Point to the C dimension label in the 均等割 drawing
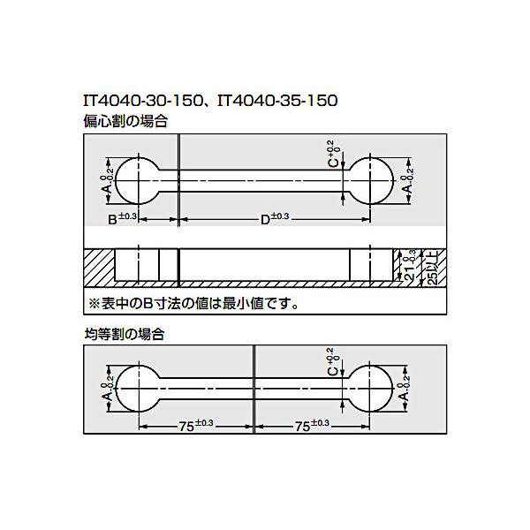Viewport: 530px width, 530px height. tap(332, 363)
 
